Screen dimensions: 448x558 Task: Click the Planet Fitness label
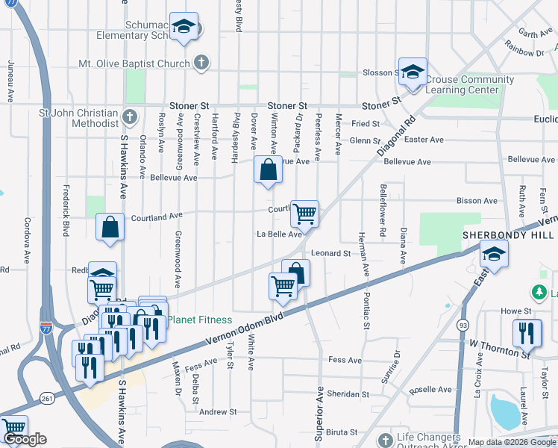point(199,320)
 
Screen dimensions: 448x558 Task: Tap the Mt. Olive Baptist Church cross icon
point(201,63)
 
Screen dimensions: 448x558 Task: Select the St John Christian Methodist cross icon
point(130,117)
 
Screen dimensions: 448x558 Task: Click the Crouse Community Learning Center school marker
point(413,72)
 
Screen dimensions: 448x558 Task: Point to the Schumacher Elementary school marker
point(183,27)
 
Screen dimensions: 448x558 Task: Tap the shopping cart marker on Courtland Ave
point(304,214)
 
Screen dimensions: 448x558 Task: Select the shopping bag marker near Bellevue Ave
point(268,169)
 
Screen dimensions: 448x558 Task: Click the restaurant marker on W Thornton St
point(527,333)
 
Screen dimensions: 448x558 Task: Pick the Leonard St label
point(331,254)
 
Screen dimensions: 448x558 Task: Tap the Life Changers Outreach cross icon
point(385,439)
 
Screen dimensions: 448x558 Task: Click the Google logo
point(25,440)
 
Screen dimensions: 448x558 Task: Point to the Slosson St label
point(380,72)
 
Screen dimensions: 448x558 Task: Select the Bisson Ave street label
point(477,201)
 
